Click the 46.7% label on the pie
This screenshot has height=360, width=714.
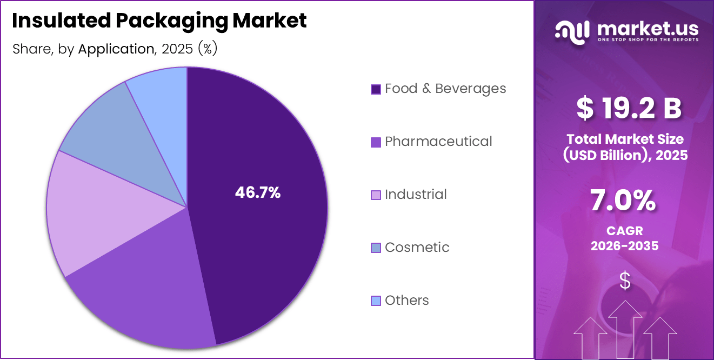tap(257, 192)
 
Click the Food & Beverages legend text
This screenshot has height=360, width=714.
tap(445, 89)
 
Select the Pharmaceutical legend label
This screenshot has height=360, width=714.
tap(438, 142)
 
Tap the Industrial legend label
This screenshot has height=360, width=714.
tap(416, 195)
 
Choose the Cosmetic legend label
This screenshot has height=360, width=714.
tap(417, 248)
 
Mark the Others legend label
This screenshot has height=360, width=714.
tap(406, 301)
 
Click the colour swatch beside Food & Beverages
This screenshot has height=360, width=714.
tap(376, 89)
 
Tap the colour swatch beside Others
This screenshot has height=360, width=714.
tap(376, 301)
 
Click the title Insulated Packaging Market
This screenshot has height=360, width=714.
tap(159, 21)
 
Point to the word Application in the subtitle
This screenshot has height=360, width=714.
tap(116, 49)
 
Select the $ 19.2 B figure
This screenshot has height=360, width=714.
tap(629, 108)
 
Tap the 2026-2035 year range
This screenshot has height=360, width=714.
tap(624, 246)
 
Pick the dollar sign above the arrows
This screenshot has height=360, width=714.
tap(625, 281)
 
